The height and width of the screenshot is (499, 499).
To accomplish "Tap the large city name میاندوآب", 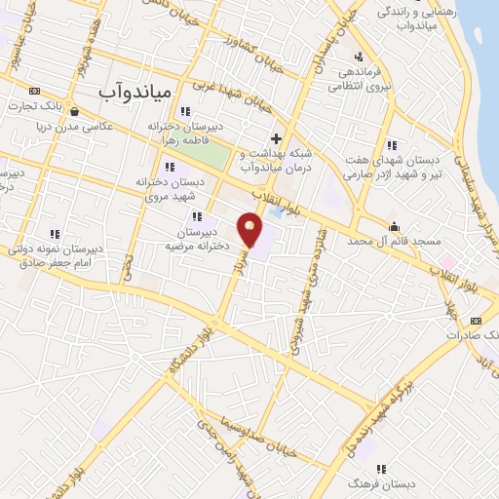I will (136, 90).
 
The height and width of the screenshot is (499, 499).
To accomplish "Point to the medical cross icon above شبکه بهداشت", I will (277, 138).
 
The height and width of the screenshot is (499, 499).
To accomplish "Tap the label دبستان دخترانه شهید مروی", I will (173, 187).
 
